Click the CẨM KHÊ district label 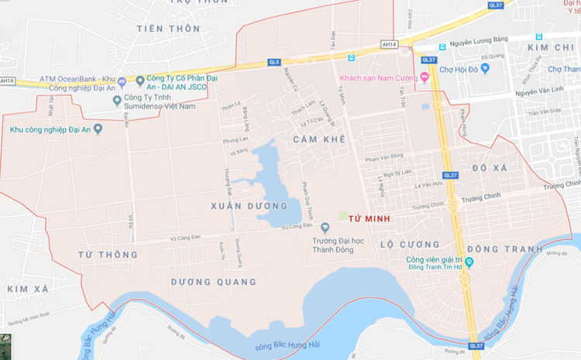point(318,139)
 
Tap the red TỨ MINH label point(368,220)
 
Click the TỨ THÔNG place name point(108,254)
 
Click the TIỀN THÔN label point(168,29)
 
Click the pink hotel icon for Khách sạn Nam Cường point(424,77)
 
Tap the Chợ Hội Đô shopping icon point(485,68)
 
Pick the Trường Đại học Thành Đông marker point(325,228)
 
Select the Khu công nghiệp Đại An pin point(98,129)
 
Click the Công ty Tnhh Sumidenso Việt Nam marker point(117,100)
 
